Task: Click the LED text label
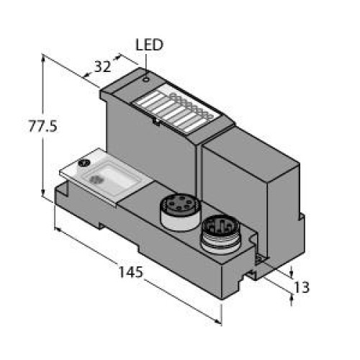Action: coord(150,45)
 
